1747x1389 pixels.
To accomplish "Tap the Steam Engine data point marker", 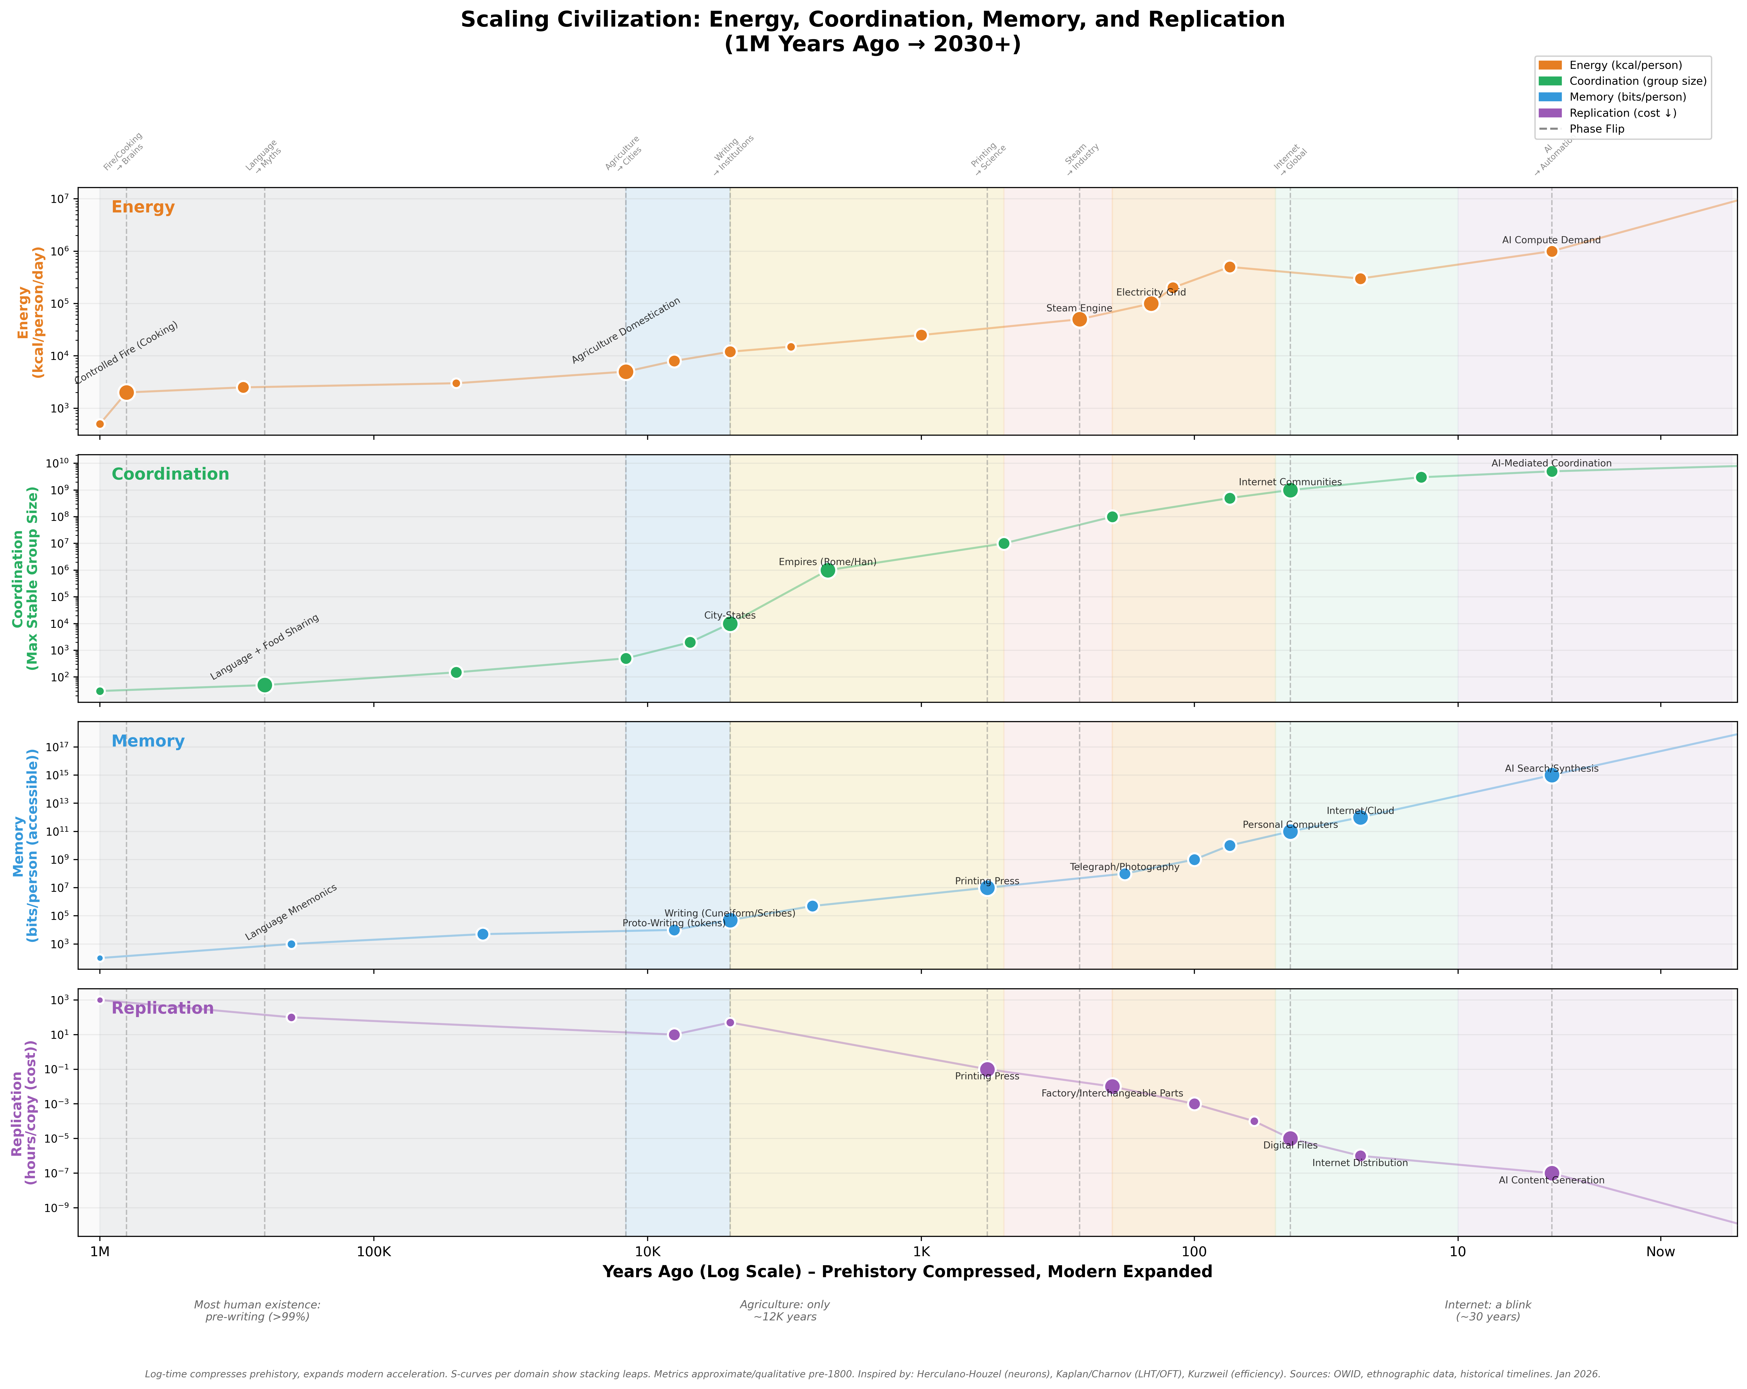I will [x=1079, y=319].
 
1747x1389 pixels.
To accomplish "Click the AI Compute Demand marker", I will [x=1552, y=251].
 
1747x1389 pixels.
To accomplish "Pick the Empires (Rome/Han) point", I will [x=827, y=570].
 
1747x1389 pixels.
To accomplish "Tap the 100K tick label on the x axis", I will [x=374, y=1252].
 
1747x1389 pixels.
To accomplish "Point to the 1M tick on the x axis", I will [x=100, y=1252].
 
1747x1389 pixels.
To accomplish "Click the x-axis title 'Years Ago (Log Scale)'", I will [x=907, y=1272].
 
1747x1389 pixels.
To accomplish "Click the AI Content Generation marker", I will [x=1552, y=1173].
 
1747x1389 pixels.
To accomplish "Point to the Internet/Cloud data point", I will [x=1360, y=818].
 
